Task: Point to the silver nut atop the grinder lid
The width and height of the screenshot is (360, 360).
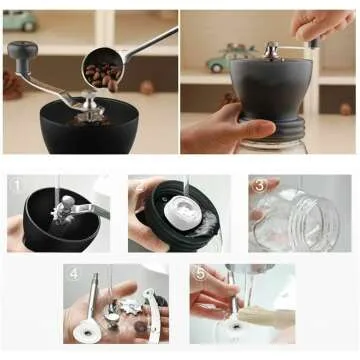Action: pyautogui.click(x=270, y=47)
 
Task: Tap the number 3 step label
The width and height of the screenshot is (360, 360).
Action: pyautogui.click(x=259, y=186)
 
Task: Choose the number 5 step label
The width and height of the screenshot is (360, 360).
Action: pyautogui.click(x=200, y=273)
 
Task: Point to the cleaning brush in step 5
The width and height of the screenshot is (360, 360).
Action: pyautogui.click(x=265, y=317)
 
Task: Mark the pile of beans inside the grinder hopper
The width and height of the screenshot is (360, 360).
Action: pyautogui.click(x=88, y=119)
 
